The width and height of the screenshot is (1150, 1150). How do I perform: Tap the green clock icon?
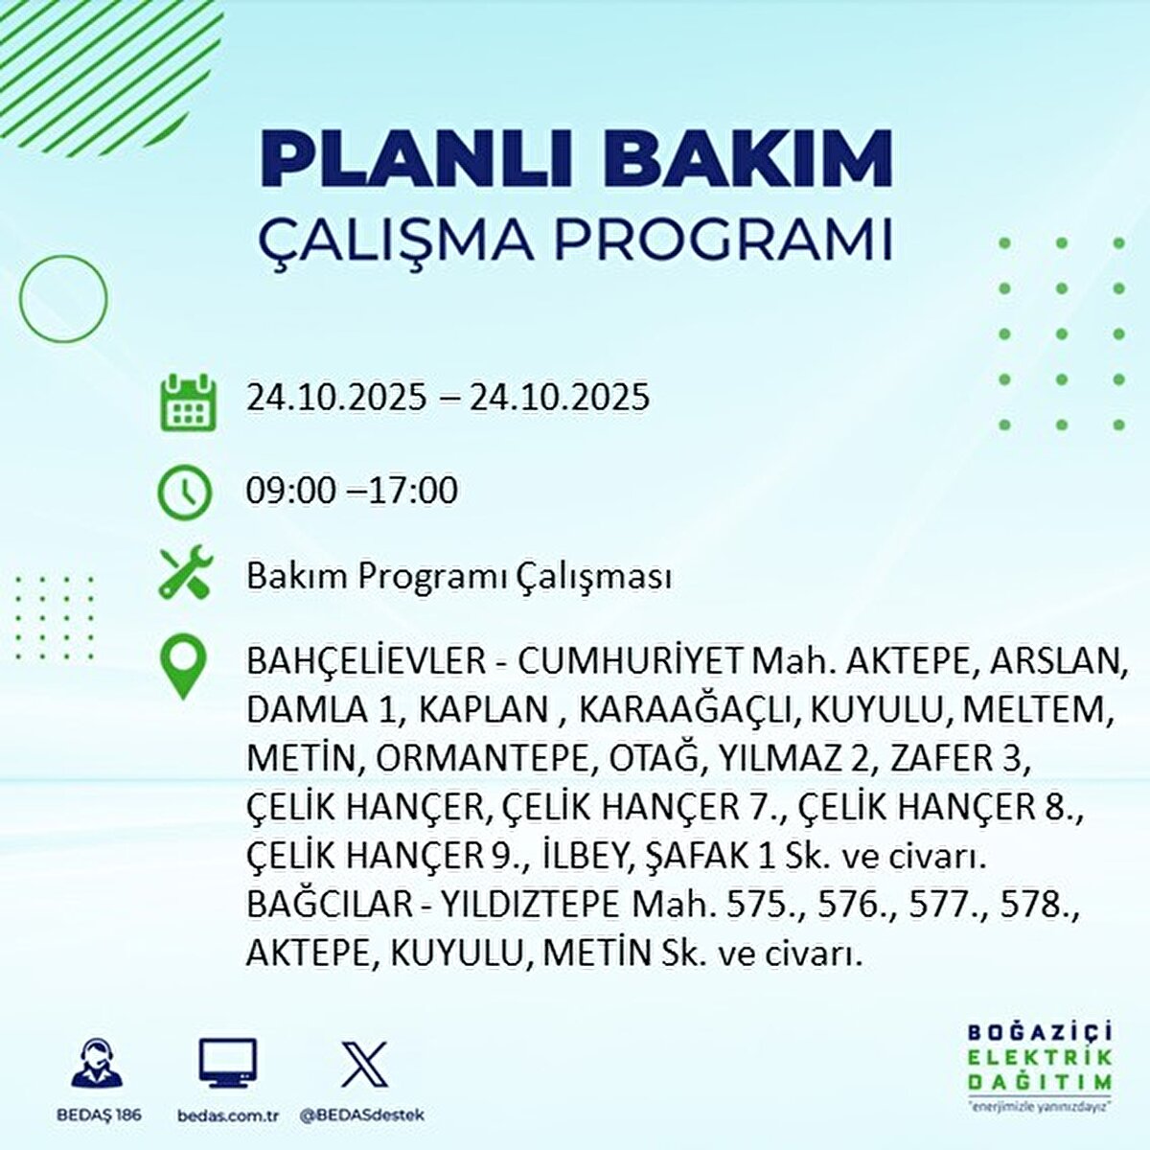tap(184, 492)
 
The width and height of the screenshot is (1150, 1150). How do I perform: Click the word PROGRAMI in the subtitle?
tap(723, 241)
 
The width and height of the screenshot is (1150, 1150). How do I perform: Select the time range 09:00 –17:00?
tap(352, 491)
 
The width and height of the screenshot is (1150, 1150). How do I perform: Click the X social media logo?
tap(364, 1064)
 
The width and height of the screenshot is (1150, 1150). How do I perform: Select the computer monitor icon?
tap(228, 1065)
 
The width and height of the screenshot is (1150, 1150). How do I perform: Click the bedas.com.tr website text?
tap(228, 1115)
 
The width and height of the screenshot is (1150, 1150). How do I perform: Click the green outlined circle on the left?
tap(63, 298)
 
